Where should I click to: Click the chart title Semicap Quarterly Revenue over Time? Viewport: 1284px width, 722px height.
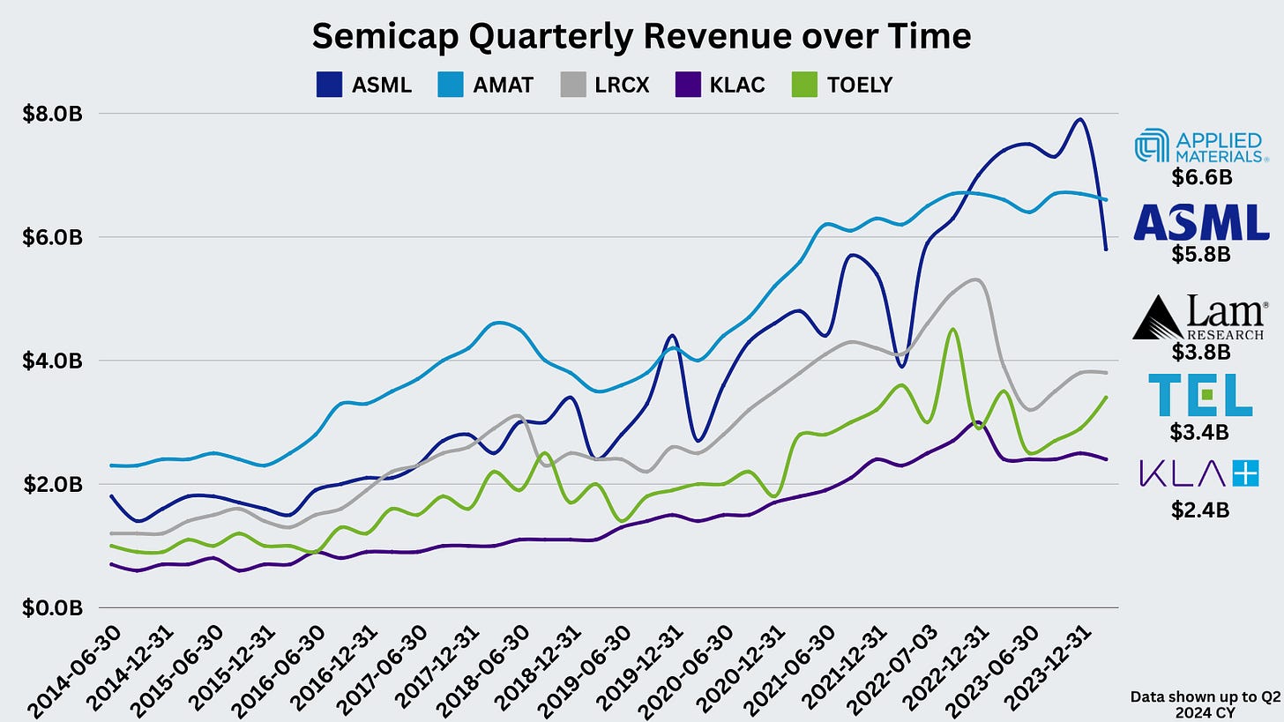pyautogui.click(x=641, y=36)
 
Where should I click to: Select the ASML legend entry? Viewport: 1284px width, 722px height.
pyautogui.click(x=364, y=86)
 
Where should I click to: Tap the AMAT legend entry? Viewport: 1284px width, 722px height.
pyautogui.click(x=485, y=86)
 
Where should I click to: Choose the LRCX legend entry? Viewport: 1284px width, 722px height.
pyautogui.click(x=605, y=86)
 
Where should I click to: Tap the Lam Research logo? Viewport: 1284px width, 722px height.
pyautogui.click(x=1201, y=317)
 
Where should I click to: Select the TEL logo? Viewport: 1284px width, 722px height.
pyautogui.click(x=1201, y=394)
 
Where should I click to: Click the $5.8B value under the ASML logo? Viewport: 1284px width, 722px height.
pyautogui.click(x=1201, y=254)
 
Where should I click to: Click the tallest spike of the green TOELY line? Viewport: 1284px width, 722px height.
pyautogui.click(x=952, y=330)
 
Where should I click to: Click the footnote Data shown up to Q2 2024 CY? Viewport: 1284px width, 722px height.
pyautogui.click(x=1205, y=703)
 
